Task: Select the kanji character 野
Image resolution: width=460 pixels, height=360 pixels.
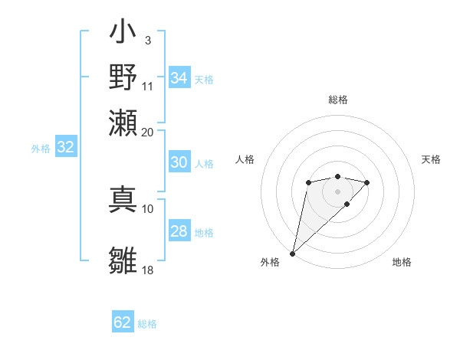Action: [x=123, y=79]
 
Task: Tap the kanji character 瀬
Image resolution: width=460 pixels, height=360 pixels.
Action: [x=123, y=123]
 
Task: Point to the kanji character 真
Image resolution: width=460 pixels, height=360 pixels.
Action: [x=123, y=200]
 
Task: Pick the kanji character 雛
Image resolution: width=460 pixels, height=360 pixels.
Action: [x=123, y=260]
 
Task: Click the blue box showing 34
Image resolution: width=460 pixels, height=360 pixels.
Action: [x=179, y=78]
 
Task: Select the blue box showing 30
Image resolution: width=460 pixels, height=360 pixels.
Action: [x=179, y=162]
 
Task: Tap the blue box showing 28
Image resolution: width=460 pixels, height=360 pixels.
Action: [x=179, y=231]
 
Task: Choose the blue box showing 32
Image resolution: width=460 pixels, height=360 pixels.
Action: [x=65, y=148]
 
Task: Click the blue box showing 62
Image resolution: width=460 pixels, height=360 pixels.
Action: [x=123, y=322]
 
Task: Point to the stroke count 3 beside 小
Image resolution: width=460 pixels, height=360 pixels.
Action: [x=147, y=39]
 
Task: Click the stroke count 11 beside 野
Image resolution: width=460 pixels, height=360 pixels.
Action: [x=148, y=85]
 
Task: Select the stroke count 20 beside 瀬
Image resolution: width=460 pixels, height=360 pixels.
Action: [x=148, y=131]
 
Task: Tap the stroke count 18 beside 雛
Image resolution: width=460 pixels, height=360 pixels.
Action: [x=148, y=270]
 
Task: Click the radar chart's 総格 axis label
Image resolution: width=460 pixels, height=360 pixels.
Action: [x=337, y=100]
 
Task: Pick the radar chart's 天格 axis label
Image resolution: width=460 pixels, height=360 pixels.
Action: [x=431, y=159]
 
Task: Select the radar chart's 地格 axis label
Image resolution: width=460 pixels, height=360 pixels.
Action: [x=402, y=262]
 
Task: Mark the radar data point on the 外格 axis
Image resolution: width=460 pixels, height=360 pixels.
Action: [x=292, y=253]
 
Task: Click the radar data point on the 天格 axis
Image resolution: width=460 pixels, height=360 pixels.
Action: [x=367, y=182]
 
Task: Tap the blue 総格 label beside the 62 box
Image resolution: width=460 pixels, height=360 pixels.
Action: [x=147, y=324]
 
